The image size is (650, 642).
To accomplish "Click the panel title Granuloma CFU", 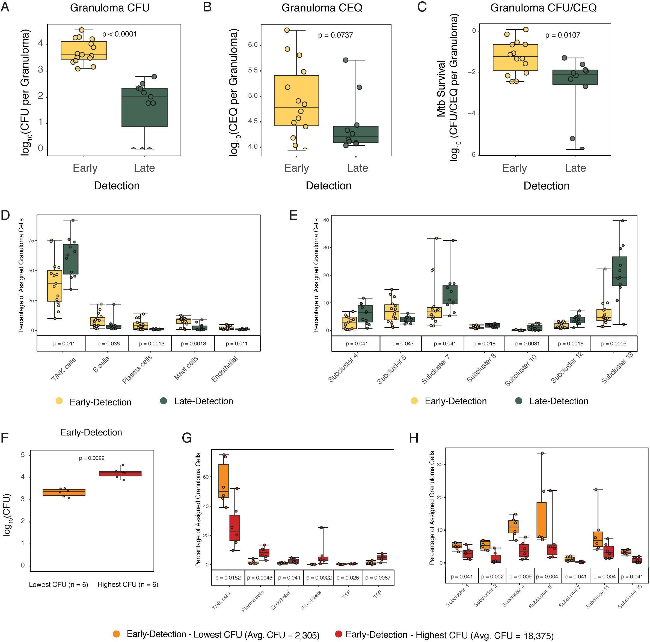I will (x=110, y=8).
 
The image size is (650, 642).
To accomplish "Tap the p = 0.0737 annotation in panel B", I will (x=336, y=35).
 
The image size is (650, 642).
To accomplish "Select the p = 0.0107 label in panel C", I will (x=563, y=35).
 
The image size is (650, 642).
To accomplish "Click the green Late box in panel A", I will (x=144, y=107).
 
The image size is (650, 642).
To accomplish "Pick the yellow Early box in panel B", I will (x=296, y=101).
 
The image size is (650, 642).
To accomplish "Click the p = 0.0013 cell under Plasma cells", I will (x=152, y=344).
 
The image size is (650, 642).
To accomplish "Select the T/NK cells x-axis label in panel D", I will (x=64, y=369).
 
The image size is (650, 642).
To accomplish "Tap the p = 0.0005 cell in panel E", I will (x=614, y=344).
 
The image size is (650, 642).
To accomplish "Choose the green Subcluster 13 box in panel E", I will (x=620, y=271).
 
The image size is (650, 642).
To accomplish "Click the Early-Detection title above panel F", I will (x=91, y=432).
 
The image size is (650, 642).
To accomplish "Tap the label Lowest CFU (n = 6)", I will (x=58, y=584).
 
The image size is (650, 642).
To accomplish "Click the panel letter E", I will (x=293, y=215).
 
